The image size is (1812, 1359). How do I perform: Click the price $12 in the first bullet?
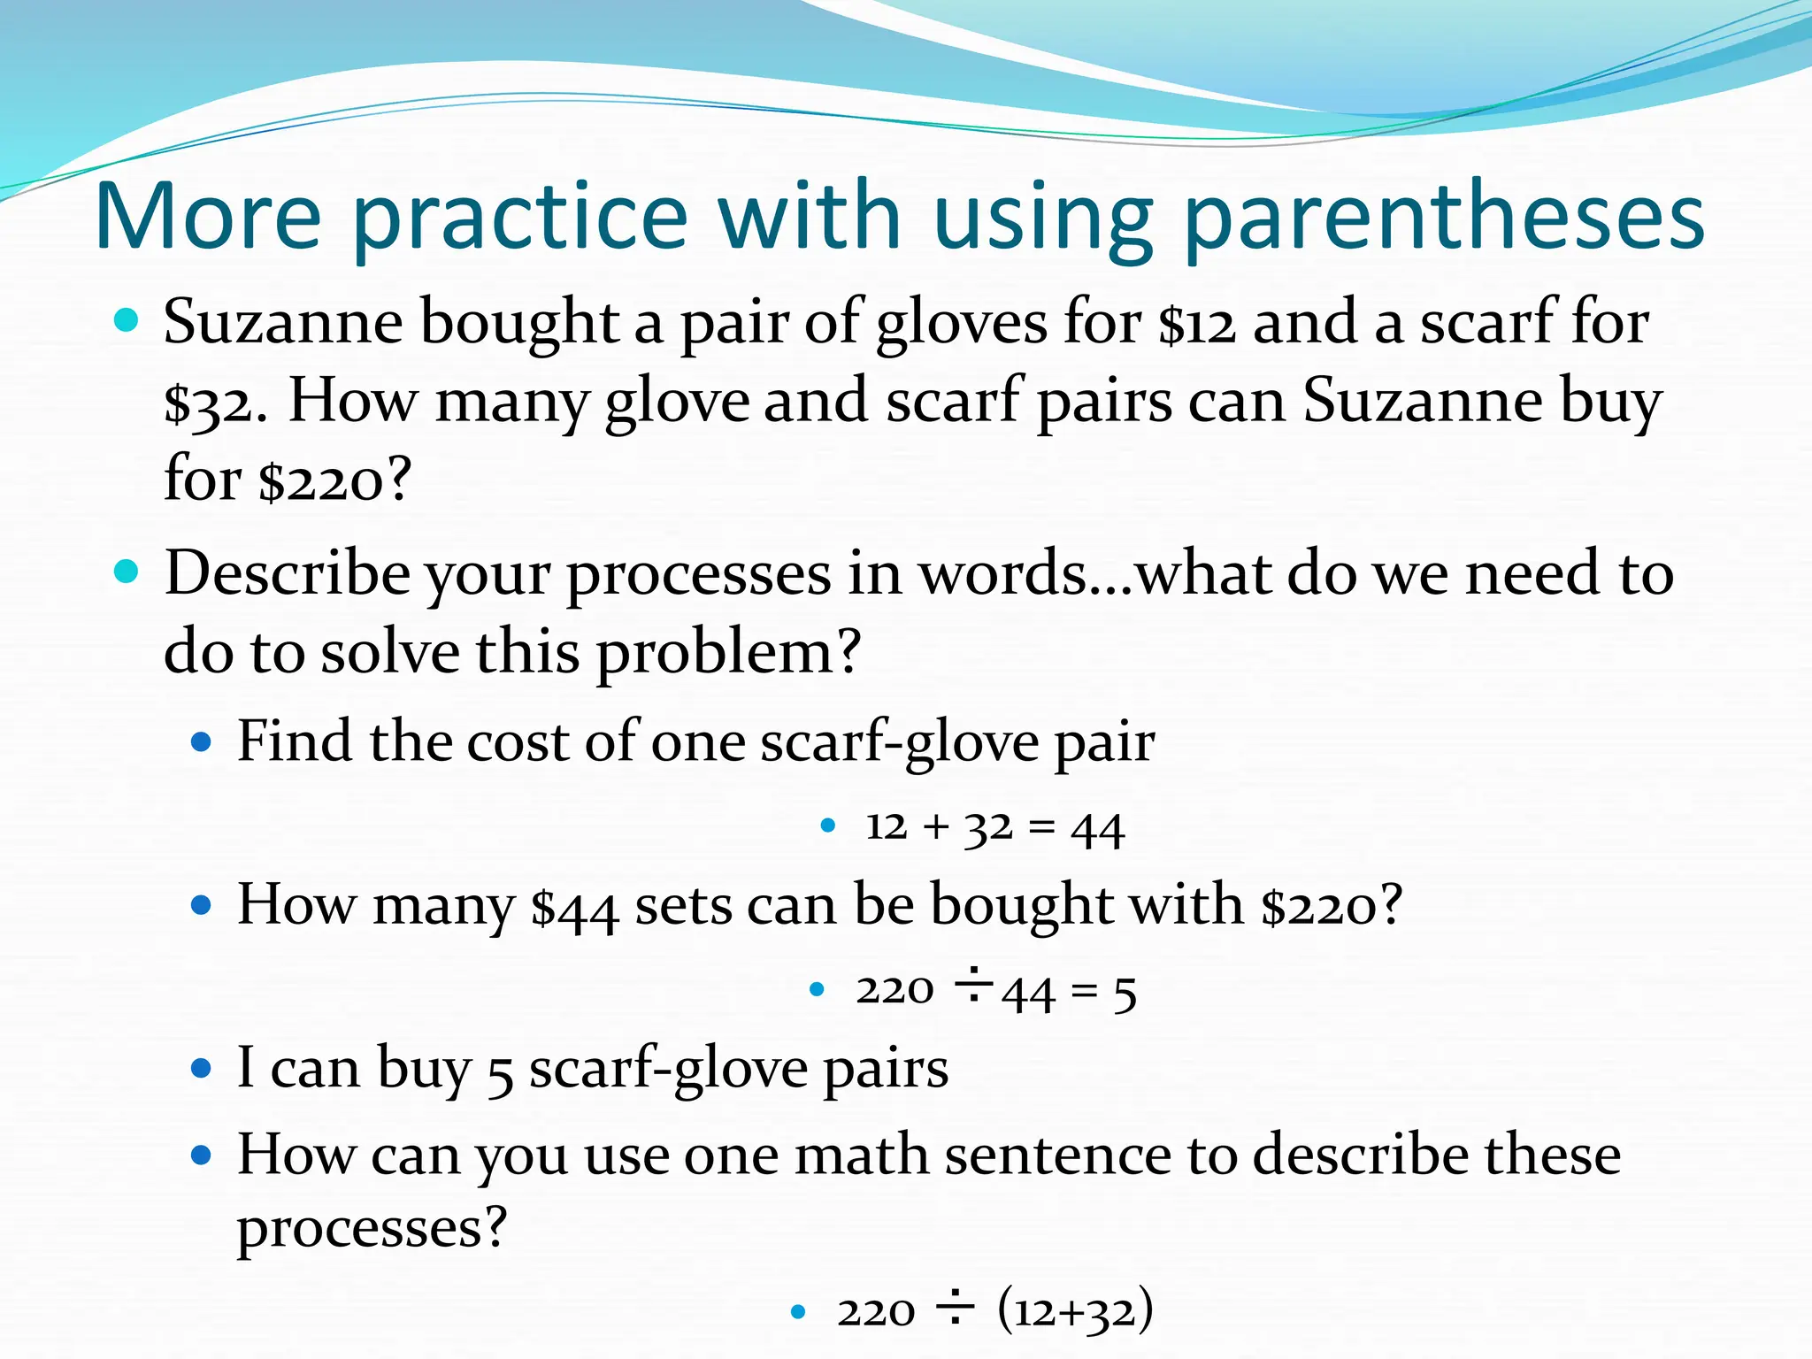point(1196,323)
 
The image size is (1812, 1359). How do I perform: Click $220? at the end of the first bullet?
point(334,480)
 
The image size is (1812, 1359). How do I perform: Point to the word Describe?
point(287,573)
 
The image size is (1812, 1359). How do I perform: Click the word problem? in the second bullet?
point(728,653)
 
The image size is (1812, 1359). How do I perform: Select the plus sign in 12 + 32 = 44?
point(935,828)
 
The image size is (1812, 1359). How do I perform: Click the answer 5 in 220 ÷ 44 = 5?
point(1125,992)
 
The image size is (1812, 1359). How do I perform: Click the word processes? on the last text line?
point(372,1228)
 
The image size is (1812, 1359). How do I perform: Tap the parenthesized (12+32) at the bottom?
point(1075,1310)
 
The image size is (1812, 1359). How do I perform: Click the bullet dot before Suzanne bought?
point(127,319)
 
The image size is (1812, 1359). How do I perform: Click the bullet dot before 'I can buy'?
point(202,1069)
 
